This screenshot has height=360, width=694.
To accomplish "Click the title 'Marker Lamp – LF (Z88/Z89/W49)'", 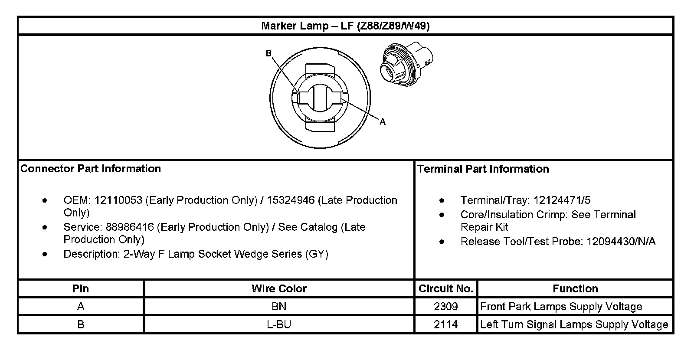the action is click(345, 26).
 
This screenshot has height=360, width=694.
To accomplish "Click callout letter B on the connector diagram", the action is click(268, 53).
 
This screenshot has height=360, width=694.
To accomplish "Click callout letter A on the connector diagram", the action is click(383, 122).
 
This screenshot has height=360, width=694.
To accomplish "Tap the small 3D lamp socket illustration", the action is click(406, 64).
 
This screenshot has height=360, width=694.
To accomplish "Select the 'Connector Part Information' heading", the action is click(91, 169).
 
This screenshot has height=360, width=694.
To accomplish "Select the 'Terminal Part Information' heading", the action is click(483, 169).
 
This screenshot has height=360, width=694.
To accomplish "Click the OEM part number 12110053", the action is click(118, 200).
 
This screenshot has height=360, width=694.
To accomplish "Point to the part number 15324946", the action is click(291, 200).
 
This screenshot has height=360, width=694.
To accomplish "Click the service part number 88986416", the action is click(130, 227).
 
